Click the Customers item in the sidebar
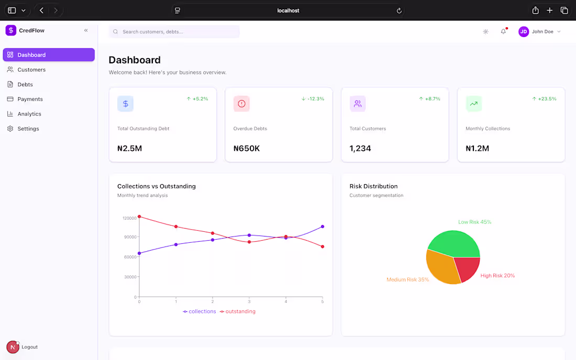click(31, 70)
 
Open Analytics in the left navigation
click(29, 114)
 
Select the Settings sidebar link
click(28, 128)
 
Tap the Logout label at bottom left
click(29, 347)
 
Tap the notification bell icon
click(503, 31)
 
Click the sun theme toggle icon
click(485, 31)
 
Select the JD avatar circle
click(524, 31)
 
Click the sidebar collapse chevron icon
click(86, 30)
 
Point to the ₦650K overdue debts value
click(247, 149)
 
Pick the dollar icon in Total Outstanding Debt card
click(126, 104)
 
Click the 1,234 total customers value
click(360, 149)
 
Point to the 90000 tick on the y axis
click(129, 237)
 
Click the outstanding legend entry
click(238, 311)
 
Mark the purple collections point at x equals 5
click(323, 227)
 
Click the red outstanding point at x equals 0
click(139, 216)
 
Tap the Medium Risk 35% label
click(407, 279)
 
